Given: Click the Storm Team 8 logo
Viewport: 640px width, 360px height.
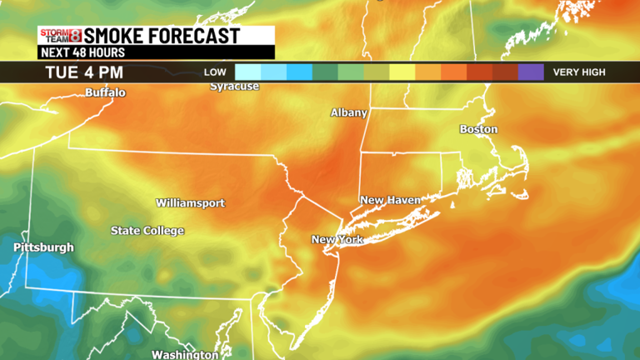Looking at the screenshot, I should pyautogui.click(x=61, y=36).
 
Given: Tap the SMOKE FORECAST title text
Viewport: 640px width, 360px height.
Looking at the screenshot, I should pyautogui.click(x=162, y=36).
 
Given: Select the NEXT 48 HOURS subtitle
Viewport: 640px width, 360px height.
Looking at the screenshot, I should pyautogui.click(x=82, y=52).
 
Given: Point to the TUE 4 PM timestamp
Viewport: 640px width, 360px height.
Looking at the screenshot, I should pyautogui.click(x=85, y=72).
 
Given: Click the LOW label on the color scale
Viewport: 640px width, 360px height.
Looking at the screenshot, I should pyautogui.click(x=215, y=72).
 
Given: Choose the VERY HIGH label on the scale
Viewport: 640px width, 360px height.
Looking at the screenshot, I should pyautogui.click(x=579, y=72).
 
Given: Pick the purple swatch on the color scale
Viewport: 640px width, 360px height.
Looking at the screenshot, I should pyautogui.click(x=530, y=72).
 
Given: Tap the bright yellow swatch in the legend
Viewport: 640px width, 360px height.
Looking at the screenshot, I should pyautogui.click(x=402, y=72).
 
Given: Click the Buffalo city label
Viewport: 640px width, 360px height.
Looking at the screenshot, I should pyautogui.click(x=106, y=92).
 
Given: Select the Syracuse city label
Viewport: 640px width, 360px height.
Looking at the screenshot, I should pyautogui.click(x=234, y=86).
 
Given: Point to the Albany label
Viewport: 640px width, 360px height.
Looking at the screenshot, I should pyautogui.click(x=349, y=112).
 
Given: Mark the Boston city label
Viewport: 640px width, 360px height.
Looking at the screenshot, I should pyautogui.click(x=479, y=129).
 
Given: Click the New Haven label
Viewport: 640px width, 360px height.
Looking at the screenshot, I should pyautogui.click(x=390, y=200).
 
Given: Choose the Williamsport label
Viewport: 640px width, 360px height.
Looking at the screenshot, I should pyautogui.click(x=190, y=203).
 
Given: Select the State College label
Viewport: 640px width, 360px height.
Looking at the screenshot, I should pyautogui.click(x=147, y=231).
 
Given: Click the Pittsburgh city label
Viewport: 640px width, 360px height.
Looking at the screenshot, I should pyautogui.click(x=43, y=247).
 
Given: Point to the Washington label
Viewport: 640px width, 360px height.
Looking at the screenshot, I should pyautogui.click(x=185, y=354).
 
